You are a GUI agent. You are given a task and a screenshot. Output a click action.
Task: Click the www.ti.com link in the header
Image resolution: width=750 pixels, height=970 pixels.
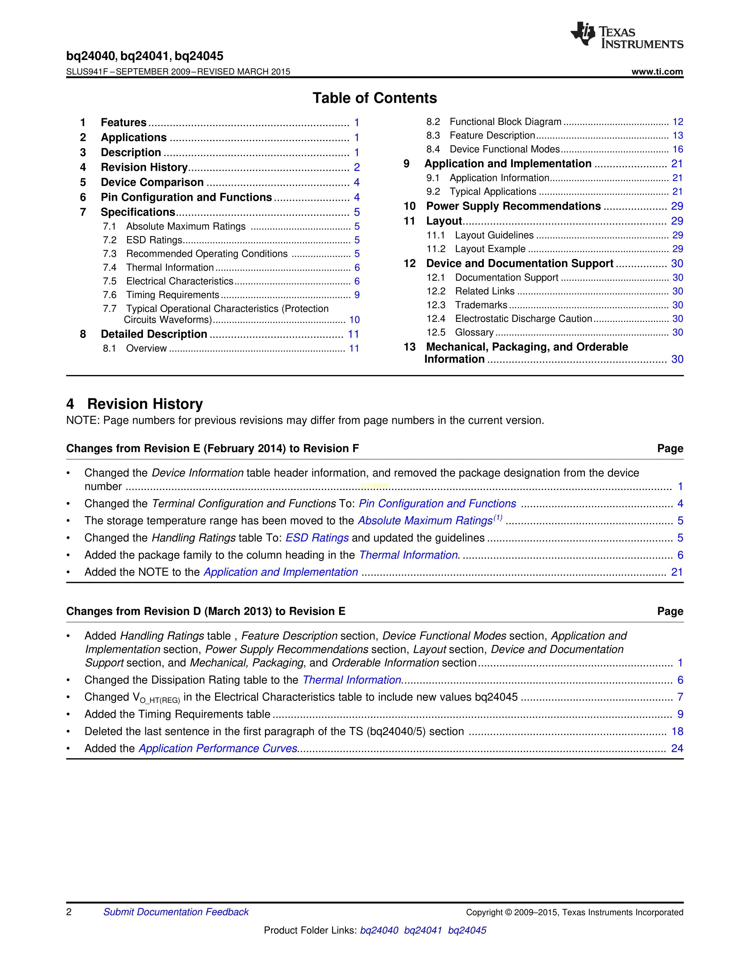[657, 71]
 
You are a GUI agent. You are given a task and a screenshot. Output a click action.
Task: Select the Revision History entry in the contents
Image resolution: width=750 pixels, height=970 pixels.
[144, 168]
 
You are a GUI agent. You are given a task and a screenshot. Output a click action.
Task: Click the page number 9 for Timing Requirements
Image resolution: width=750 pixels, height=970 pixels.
[357, 295]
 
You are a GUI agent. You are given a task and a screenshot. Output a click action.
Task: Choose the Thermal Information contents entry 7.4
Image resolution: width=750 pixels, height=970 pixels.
[170, 267]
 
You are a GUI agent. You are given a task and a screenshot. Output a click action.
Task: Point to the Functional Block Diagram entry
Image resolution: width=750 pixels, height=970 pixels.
[505, 122]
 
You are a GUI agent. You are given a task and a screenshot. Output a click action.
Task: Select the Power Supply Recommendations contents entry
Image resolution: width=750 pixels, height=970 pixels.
[513, 206]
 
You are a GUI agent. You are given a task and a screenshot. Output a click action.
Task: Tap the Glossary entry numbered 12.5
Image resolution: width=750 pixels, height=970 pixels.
[474, 332]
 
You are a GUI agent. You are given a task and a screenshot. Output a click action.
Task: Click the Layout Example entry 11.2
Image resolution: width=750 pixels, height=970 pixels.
[490, 249]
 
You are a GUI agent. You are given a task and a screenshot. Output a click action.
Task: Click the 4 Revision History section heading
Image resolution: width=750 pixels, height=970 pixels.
[135, 404]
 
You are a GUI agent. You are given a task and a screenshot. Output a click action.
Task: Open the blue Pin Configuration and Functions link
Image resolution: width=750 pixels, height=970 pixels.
[437, 504]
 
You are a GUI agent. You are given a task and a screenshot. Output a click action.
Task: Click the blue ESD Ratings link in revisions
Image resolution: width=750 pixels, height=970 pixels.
[317, 538]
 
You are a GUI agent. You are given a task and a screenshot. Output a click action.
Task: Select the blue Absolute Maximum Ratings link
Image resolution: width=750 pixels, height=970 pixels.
[425, 521]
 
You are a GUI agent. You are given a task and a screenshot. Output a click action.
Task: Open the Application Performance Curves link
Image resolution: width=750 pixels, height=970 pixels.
[218, 748]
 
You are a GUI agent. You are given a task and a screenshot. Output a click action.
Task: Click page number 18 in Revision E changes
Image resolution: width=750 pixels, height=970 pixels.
[677, 732]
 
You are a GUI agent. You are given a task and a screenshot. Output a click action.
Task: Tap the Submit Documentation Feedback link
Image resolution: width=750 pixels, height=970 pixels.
[176, 912]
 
